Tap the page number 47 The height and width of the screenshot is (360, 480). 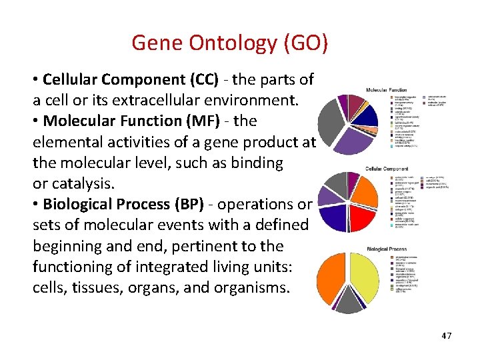[x=446, y=335]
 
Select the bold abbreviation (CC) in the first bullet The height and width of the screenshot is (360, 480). [x=198, y=80]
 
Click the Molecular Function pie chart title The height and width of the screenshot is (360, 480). [x=387, y=89]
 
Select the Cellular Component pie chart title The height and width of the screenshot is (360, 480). [x=387, y=169]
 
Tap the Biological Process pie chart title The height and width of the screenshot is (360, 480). [x=387, y=249]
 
